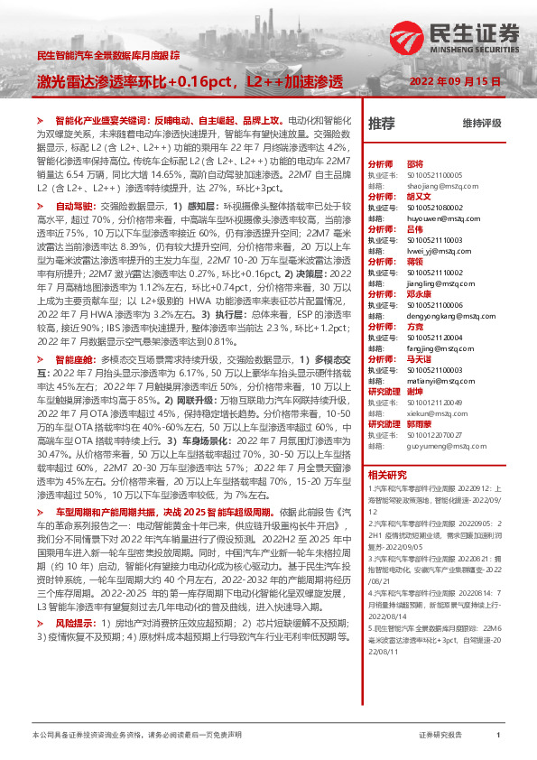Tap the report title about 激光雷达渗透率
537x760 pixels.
coord(190,81)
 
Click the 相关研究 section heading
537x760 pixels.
coord(387,474)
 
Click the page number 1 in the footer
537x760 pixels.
coord(498,736)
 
